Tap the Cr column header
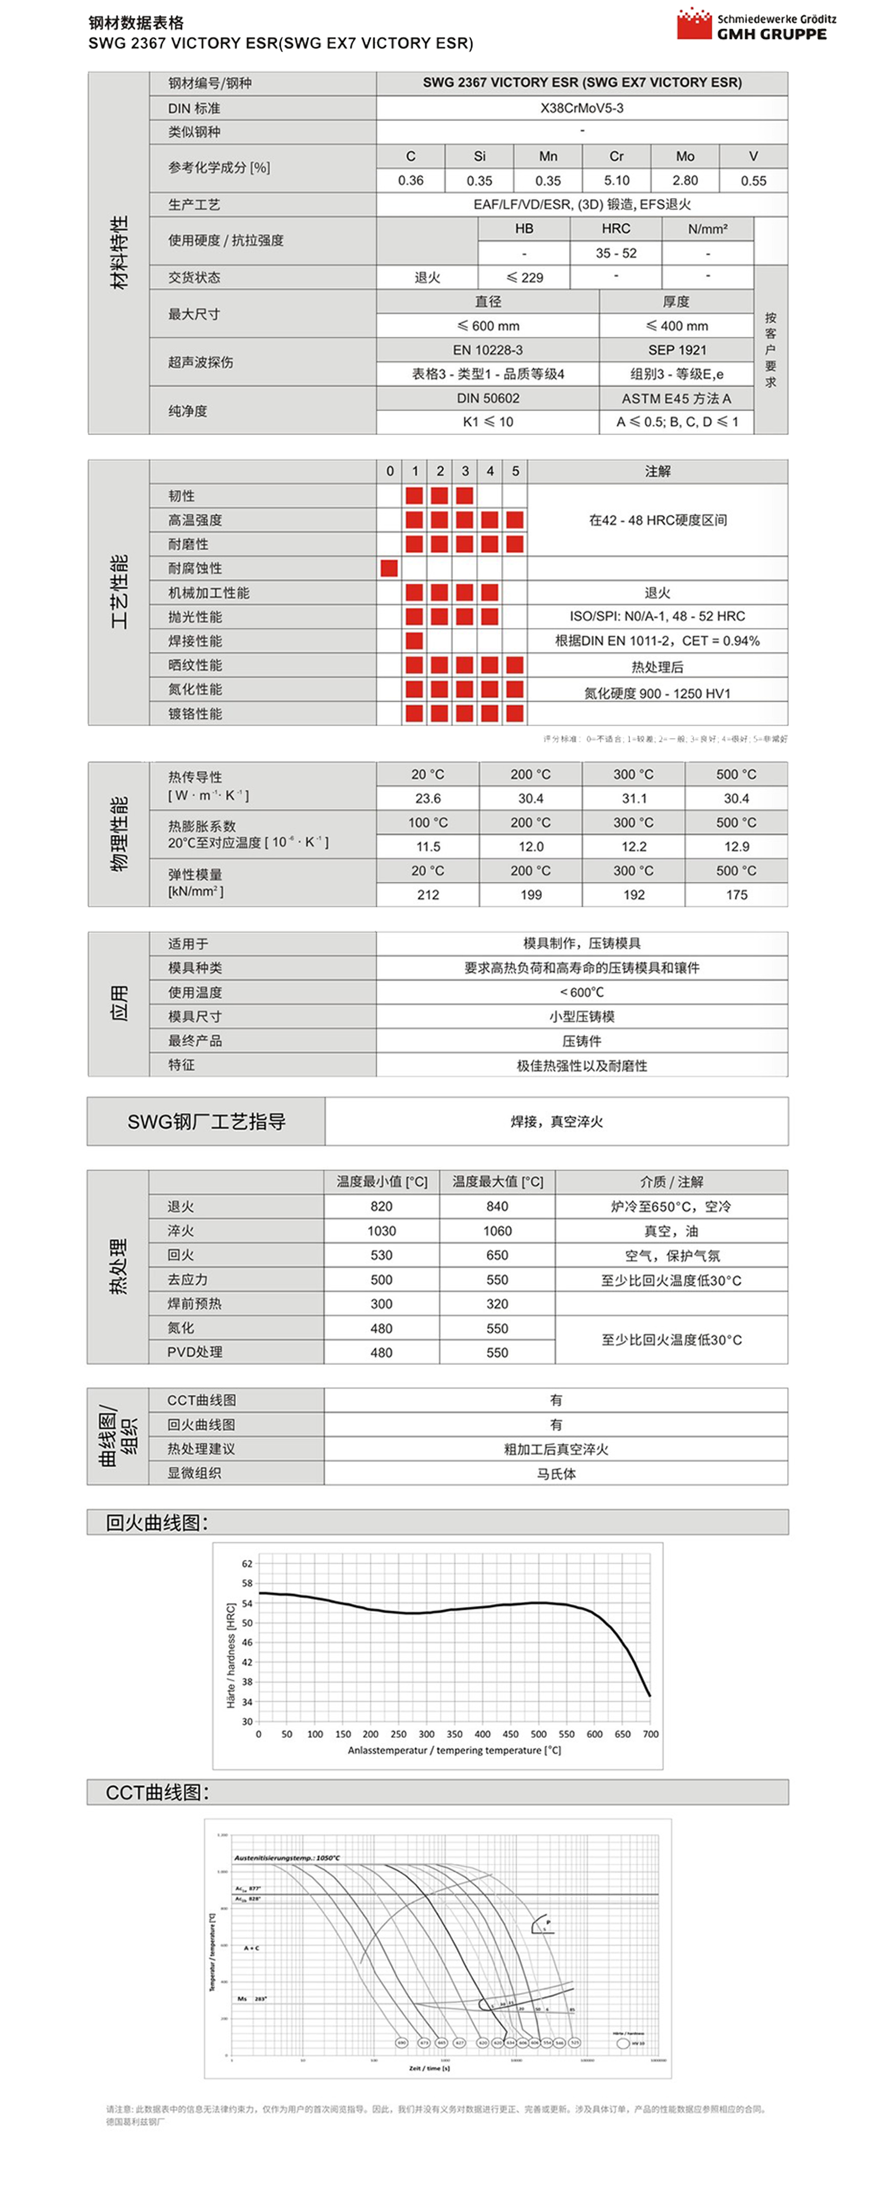(616, 157)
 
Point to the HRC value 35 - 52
(616, 253)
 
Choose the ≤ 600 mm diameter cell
(488, 326)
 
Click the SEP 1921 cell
(677, 350)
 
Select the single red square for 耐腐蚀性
(389, 568)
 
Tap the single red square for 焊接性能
(414, 641)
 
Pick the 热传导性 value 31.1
(634, 798)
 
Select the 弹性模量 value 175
(736, 895)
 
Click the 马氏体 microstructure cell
(556, 1473)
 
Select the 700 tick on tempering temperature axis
(650, 1734)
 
